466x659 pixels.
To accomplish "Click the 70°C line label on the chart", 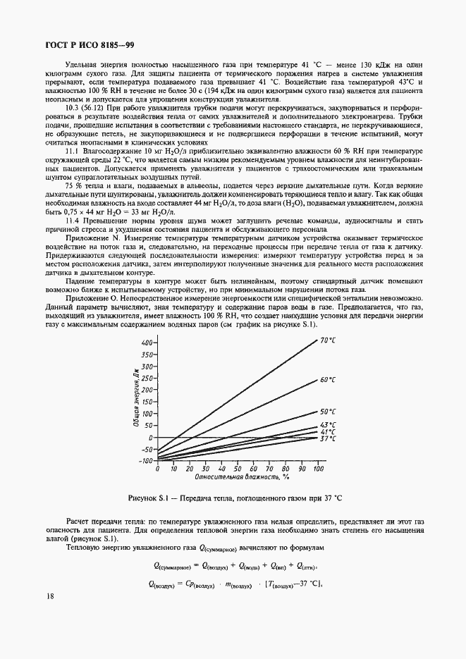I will [328, 340].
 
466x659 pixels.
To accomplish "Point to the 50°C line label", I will [328, 412].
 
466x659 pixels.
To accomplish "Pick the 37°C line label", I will [328, 439].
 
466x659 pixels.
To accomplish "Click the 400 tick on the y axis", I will [146, 343].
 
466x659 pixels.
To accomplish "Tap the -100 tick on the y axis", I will [145, 461].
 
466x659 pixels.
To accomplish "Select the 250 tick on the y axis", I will [146, 378].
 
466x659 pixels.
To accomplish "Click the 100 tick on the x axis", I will [318, 468].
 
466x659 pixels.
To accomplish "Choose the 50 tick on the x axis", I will [238, 468].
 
